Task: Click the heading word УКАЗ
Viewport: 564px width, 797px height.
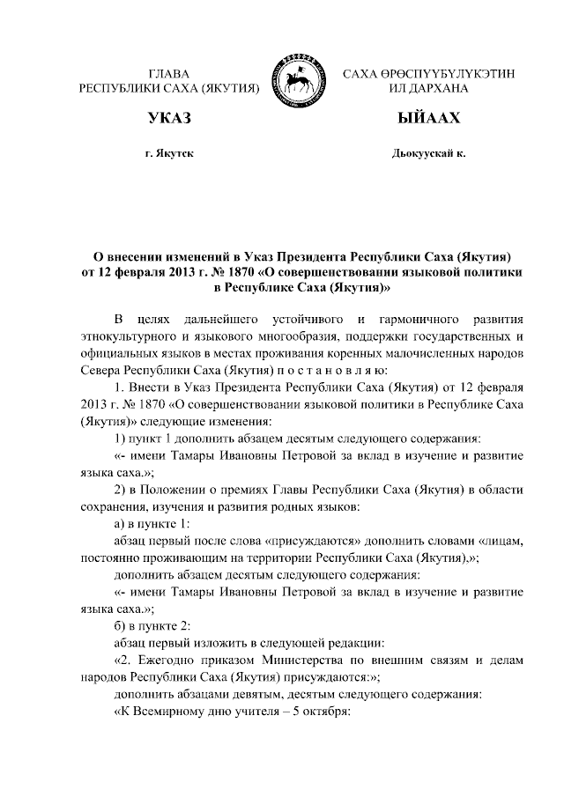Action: point(170,118)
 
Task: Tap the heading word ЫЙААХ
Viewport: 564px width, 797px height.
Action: point(429,118)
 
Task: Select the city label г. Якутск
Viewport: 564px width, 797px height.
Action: point(170,154)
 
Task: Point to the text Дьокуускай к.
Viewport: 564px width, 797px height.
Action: point(429,154)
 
